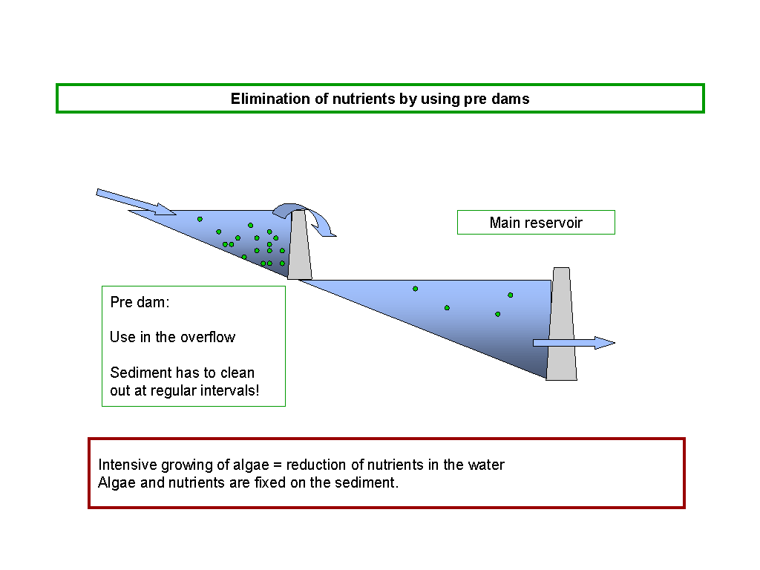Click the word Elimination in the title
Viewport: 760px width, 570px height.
pos(270,99)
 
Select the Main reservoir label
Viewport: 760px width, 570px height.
pos(536,223)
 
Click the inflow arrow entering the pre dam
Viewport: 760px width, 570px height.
pos(137,202)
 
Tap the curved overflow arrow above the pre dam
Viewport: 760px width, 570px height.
pos(304,219)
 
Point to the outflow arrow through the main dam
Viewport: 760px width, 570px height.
pos(574,343)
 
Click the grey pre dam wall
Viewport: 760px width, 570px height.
pos(300,244)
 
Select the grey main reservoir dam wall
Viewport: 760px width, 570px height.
pos(562,324)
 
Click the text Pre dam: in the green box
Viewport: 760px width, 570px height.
pos(140,303)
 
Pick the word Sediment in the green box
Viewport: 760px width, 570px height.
pos(141,373)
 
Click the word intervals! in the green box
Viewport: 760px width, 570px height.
pos(230,390)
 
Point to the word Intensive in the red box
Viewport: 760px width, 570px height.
pos(128,465)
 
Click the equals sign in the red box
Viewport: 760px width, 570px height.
pos(278,465)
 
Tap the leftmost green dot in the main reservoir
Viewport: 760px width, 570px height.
pos(416,289)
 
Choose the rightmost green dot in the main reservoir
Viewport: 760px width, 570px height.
pos(511,295)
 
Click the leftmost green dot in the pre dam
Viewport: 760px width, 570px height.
pos(200,220)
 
